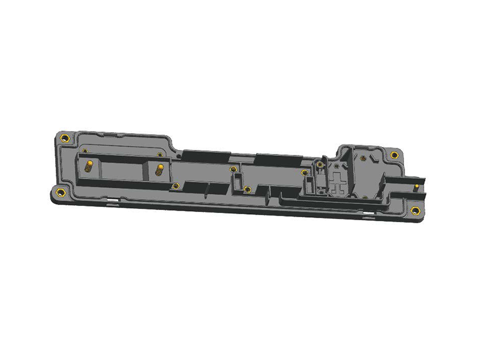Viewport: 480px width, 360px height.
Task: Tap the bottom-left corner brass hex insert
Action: [x=60, y=193]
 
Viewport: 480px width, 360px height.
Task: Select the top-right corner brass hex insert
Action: [x=394, y=155]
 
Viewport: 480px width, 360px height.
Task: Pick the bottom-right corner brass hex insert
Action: [x=415, y=210]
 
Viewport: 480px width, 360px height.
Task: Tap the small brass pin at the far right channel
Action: [x=416, y=188]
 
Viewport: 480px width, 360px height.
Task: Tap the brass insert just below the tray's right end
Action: [x=175, y=186]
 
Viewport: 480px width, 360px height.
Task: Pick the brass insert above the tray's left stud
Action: [x=85, y=150]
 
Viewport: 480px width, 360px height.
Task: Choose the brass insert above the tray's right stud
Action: [x=160, y=154]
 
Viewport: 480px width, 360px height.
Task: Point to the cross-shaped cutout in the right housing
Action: [x=339, y=181]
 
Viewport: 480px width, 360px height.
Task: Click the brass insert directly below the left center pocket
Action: [x=247, y=190]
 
